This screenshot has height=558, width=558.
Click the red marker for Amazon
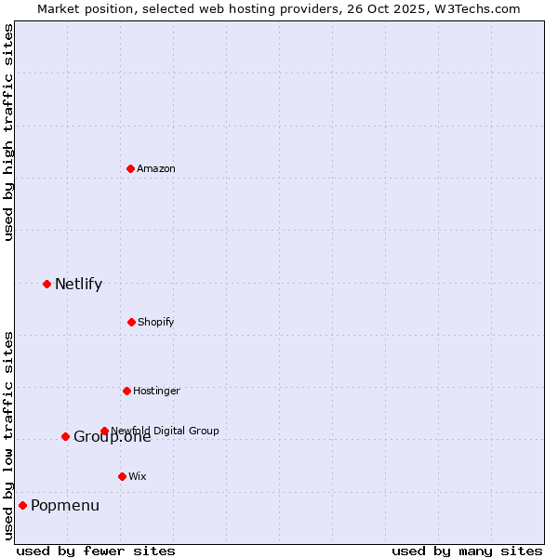tap(130, 168)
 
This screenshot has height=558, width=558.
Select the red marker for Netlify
tap(46, 284)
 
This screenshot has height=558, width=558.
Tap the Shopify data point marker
tap(131, 322)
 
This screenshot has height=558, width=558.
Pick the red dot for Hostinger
tap(126, 391)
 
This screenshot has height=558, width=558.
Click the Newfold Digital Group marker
tap(104, 431)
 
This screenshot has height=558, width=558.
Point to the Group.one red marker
tap(65, 436)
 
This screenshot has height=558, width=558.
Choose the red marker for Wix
tap(122, 476)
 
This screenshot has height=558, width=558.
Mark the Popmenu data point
tap(22, 505)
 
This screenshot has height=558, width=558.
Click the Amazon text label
tap(156, 168)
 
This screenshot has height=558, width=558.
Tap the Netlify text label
tap(78, 285)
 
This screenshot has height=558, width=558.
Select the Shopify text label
tap(156, 322)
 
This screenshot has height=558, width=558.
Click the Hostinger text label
tap(156, 391)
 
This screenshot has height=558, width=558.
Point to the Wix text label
tap(138, 476)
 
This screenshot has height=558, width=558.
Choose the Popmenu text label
tap(65, 506)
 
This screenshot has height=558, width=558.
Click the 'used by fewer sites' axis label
tap(96, 551)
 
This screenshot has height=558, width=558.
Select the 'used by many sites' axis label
tap(467, 551)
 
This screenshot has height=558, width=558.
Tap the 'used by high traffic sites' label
tap(8, 132)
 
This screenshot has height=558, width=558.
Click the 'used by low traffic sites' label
tap(8, 435)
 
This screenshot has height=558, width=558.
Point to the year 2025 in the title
tap(390, 8)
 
